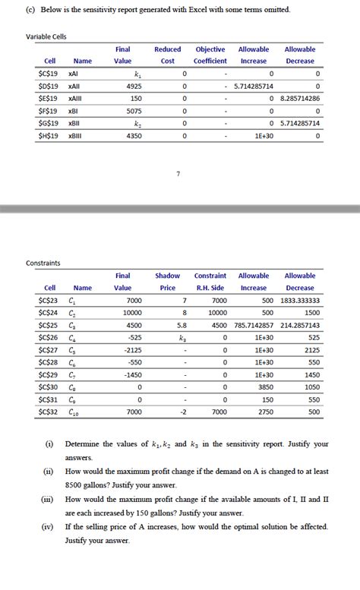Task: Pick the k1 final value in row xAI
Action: tap(137, 74)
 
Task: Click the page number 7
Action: tap(178, 175)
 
